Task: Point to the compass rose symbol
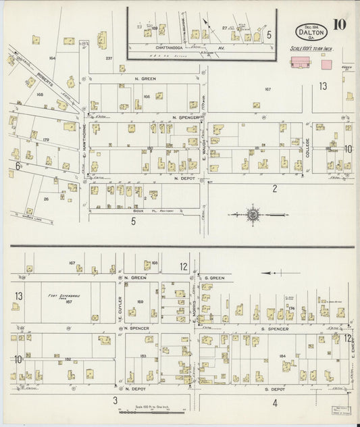252,215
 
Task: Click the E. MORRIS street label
194,312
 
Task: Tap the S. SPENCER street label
275,328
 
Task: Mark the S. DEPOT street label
276,390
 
